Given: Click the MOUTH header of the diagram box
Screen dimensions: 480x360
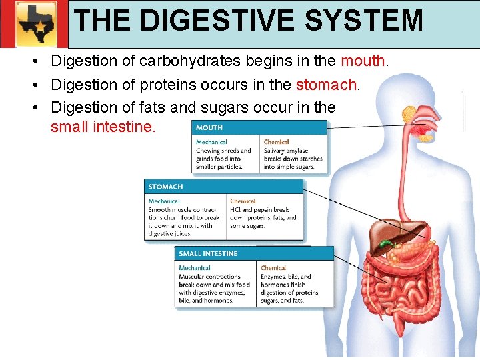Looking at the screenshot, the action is [x=209, y=127].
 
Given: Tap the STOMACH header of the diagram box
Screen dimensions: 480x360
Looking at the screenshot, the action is [x=165, y=187].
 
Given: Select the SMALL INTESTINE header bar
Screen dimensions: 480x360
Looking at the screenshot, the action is [x=208, y=253].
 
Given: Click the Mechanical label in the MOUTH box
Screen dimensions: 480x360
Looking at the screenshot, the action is [x=211, y=142].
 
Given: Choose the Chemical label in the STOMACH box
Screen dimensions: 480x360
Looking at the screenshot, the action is [x=243, y=201].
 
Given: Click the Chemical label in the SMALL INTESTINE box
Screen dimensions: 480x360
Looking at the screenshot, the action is [x=273, y=268].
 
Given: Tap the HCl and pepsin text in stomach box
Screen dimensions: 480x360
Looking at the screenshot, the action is [x=259, y=209].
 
